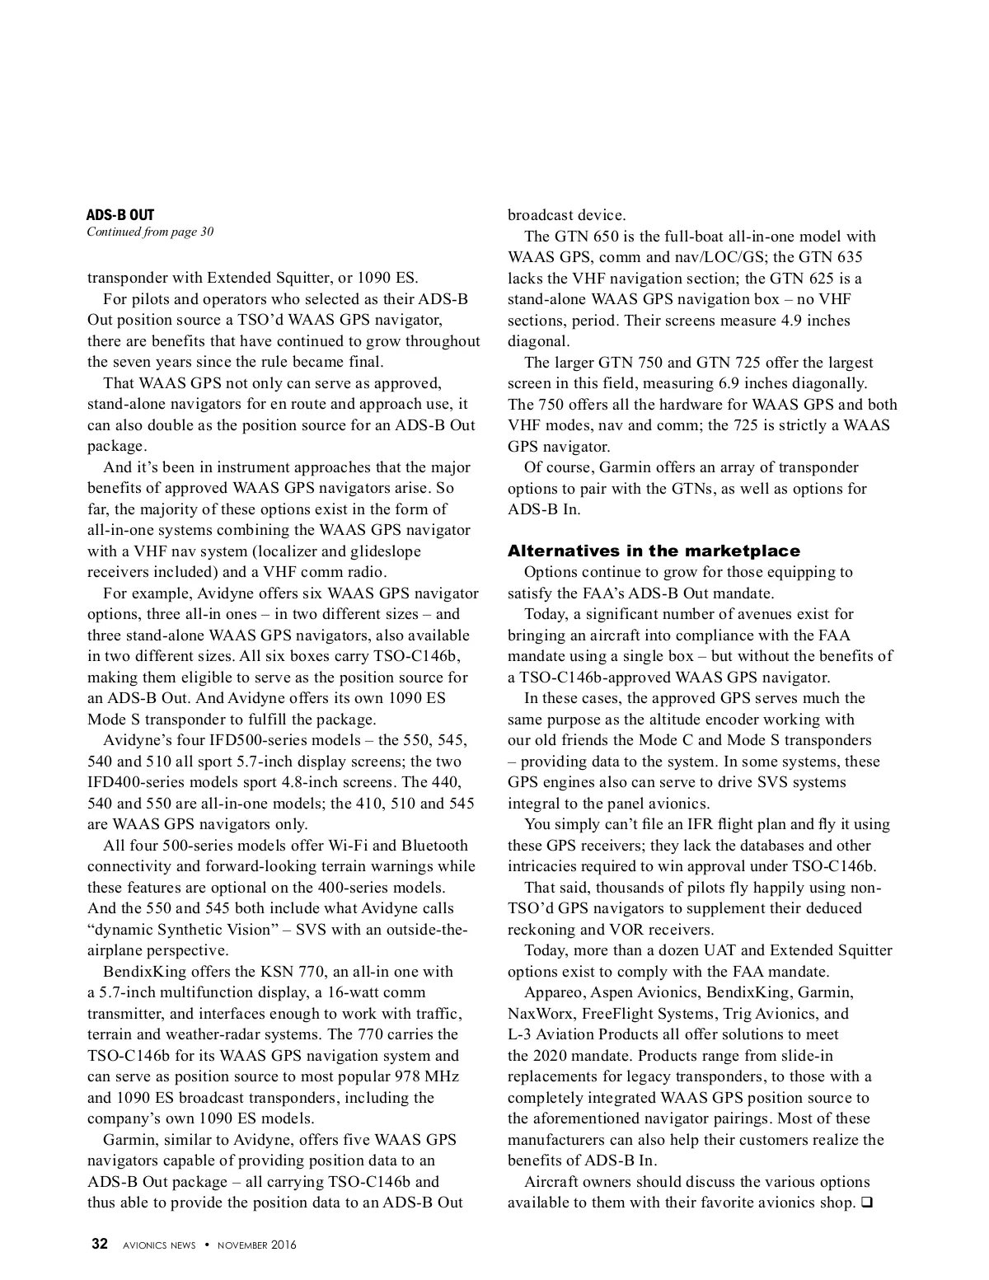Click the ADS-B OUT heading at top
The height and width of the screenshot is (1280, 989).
120,216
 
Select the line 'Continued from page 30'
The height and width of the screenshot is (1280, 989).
150,232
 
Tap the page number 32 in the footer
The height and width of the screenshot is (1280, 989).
99,1245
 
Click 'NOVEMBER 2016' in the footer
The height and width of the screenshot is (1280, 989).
256,1245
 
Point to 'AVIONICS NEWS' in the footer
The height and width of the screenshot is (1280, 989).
159,1245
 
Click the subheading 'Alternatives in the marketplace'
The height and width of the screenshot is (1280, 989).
654,551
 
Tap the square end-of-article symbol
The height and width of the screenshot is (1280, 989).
866,1203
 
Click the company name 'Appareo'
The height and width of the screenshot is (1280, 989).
554,992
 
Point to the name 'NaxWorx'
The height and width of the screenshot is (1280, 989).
537,1014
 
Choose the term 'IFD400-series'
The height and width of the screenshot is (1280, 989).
134,782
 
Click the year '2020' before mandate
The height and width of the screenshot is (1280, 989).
551,1056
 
